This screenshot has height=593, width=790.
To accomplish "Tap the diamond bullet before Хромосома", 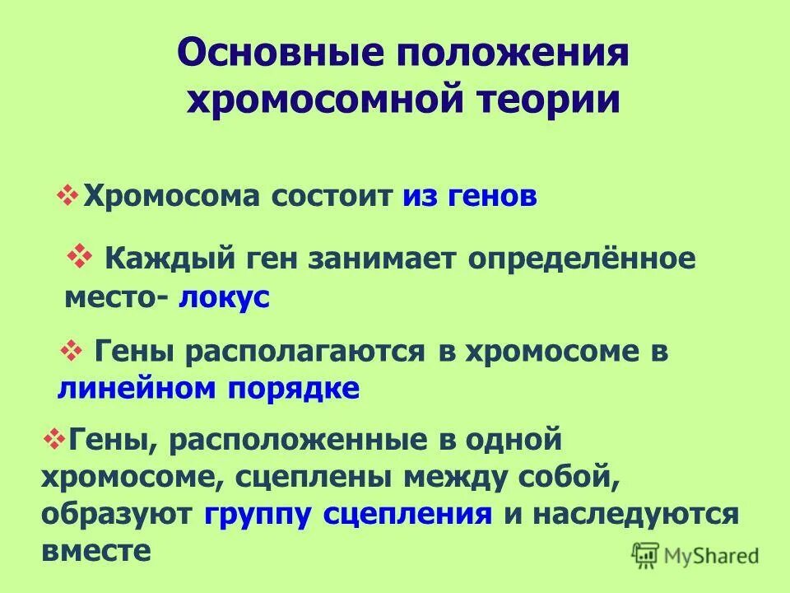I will pos(67,195).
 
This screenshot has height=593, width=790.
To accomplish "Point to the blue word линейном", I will pos(128,388).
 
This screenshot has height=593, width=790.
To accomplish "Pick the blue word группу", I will pos(258,514).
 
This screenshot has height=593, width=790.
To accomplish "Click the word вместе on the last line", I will pos(96,550).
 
